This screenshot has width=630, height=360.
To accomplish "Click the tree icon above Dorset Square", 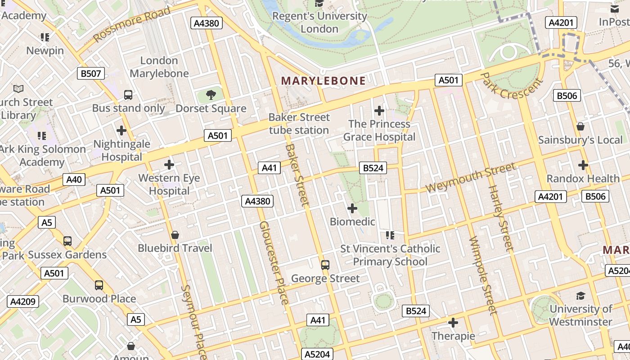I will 210,94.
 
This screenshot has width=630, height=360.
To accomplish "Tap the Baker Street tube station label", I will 299,124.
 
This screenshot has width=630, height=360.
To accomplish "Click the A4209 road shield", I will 23,301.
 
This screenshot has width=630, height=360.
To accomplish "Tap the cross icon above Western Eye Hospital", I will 169,165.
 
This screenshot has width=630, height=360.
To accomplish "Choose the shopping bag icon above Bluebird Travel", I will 175,235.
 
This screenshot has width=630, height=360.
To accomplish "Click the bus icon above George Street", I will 325,265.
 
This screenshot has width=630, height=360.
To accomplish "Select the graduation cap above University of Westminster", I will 580,296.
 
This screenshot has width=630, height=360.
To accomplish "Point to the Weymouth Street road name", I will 471,178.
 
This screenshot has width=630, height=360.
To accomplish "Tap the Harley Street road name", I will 501,218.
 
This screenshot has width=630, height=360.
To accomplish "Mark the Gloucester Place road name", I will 274,262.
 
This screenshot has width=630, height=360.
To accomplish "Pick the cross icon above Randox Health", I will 583,165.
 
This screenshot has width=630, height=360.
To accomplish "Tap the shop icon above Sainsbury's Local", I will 580,126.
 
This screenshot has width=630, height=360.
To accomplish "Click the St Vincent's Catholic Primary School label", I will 390,255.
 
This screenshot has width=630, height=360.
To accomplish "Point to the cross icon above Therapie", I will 453,323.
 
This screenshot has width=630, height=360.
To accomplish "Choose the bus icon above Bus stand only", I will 128,95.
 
